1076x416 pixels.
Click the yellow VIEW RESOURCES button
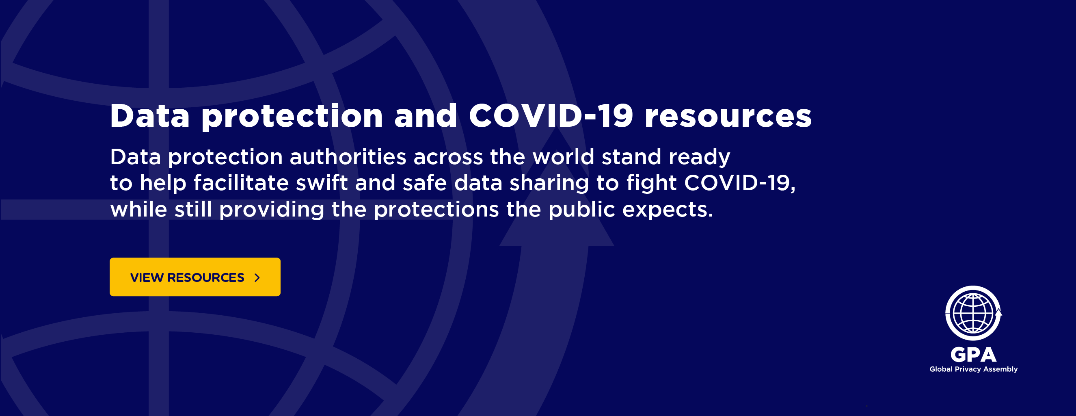[x=195, y=277]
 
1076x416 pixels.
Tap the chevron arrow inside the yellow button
[x=257, y=277]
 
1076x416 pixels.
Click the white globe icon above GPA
[x=973, y=313]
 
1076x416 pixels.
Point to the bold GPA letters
[x=973, y=355]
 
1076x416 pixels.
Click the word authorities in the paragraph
[x=348, y=157]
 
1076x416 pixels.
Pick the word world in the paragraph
[x=563, y=157]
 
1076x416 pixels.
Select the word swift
[x=322, y=183]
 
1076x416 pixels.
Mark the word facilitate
[x=241, y=183]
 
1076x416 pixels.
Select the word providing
[x=272, y=210]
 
